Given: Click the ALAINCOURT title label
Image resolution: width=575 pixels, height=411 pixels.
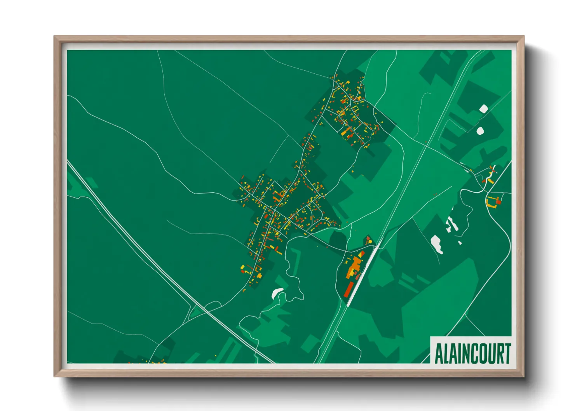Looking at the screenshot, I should [x=472, y=353].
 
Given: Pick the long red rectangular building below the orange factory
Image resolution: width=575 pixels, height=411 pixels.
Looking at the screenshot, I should [x=348, y=289].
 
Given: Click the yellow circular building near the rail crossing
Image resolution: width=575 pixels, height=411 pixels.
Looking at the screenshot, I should [x=370, y=242].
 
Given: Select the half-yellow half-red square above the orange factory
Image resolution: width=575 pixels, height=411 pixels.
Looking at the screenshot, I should [x=361, y=254].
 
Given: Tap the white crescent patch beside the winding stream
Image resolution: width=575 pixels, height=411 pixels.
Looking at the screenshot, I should [x=277, y=292].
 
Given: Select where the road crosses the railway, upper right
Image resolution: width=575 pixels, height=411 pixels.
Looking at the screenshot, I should [x=426, y=145].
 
